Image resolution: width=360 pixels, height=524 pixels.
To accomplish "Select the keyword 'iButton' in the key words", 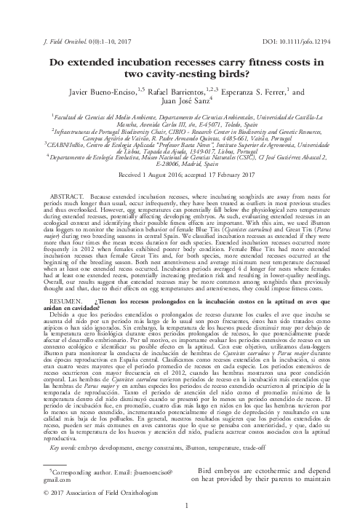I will click(191, 427).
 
